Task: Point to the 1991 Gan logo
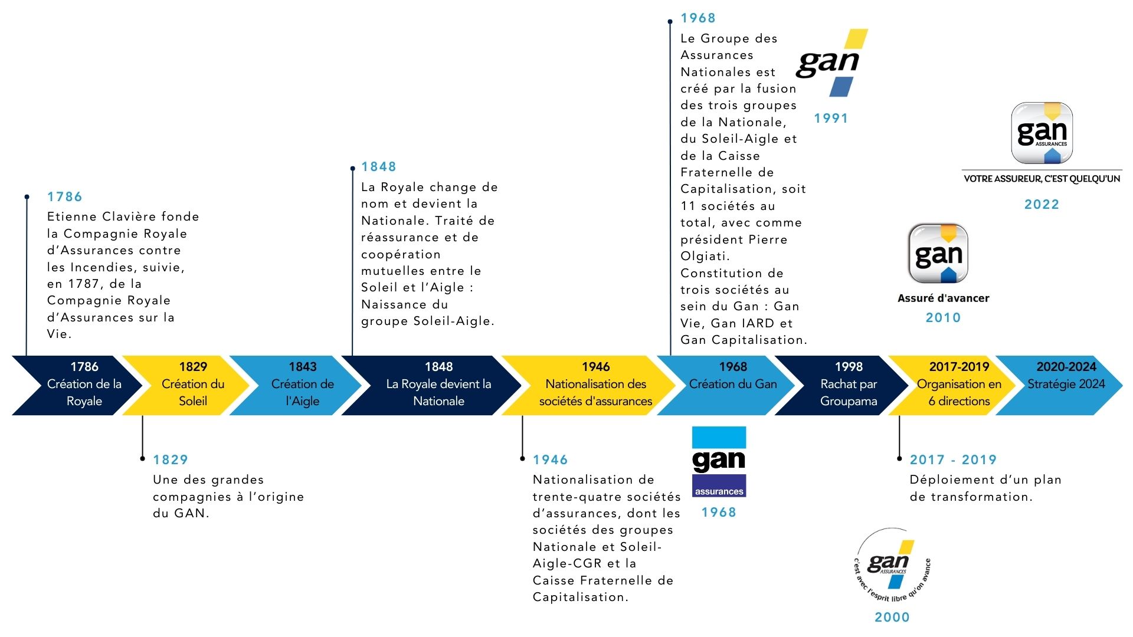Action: (831, 63)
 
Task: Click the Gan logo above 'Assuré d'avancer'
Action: (938, 254)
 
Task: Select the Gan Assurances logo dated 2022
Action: (1042, 133)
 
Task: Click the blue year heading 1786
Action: (65, 197)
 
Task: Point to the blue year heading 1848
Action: (379, 167)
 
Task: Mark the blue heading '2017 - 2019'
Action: (953, 460)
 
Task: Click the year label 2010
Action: (943, 318)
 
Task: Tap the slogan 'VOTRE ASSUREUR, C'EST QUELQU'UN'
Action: (1042, 179)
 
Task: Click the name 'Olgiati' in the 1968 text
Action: (705, 257)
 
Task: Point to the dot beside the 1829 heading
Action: (142, 458)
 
